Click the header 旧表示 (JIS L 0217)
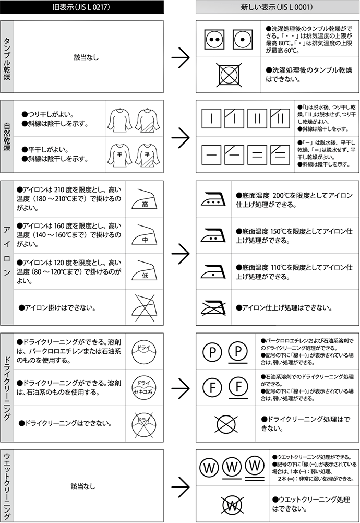pos(82,7)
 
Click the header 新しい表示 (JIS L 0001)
pos(277,7)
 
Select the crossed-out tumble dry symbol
pos(229,73)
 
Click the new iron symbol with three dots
pos(213,198)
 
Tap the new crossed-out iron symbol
pos(213,307)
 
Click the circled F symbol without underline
pos(212,387)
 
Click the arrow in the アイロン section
pos(181,253)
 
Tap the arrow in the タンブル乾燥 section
pos(181,57)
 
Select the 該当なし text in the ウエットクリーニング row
pos(83,486)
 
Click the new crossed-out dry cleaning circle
pos(228,422)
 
